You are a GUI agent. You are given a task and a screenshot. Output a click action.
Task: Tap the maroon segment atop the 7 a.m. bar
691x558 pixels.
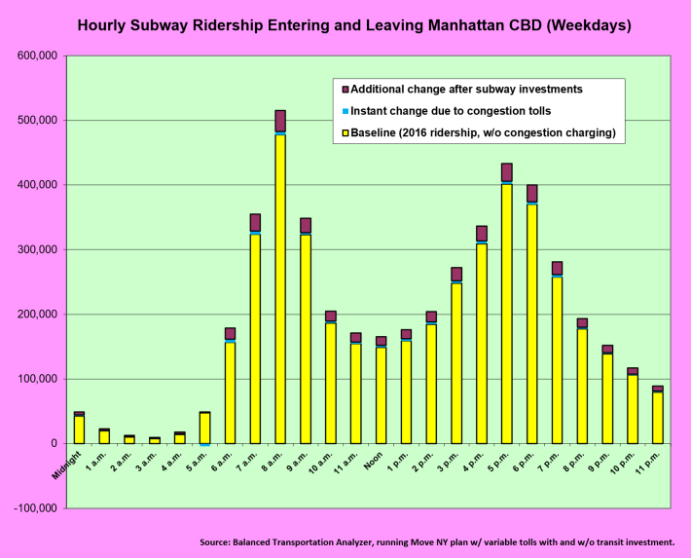tap(255, 222)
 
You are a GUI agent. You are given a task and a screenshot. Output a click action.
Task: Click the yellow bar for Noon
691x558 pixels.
tap(381, 394)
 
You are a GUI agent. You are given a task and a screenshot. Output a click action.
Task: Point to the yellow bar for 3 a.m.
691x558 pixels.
tap(155, 440)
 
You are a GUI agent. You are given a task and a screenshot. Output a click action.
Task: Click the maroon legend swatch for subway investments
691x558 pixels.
tap(342, 89)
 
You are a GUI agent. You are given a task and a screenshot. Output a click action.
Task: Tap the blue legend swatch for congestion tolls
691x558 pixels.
tap(342, 111)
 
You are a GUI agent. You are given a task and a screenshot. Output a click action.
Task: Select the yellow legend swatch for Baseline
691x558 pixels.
tap(342, 133)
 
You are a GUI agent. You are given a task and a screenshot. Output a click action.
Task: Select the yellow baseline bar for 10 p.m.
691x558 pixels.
tap(634, 409)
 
